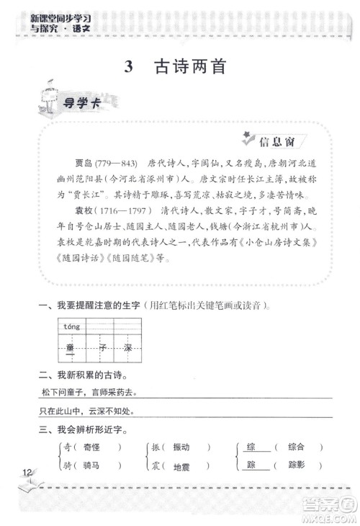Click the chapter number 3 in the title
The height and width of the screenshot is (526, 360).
pos(129,67)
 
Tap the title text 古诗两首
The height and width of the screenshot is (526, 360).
pos(190,67)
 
